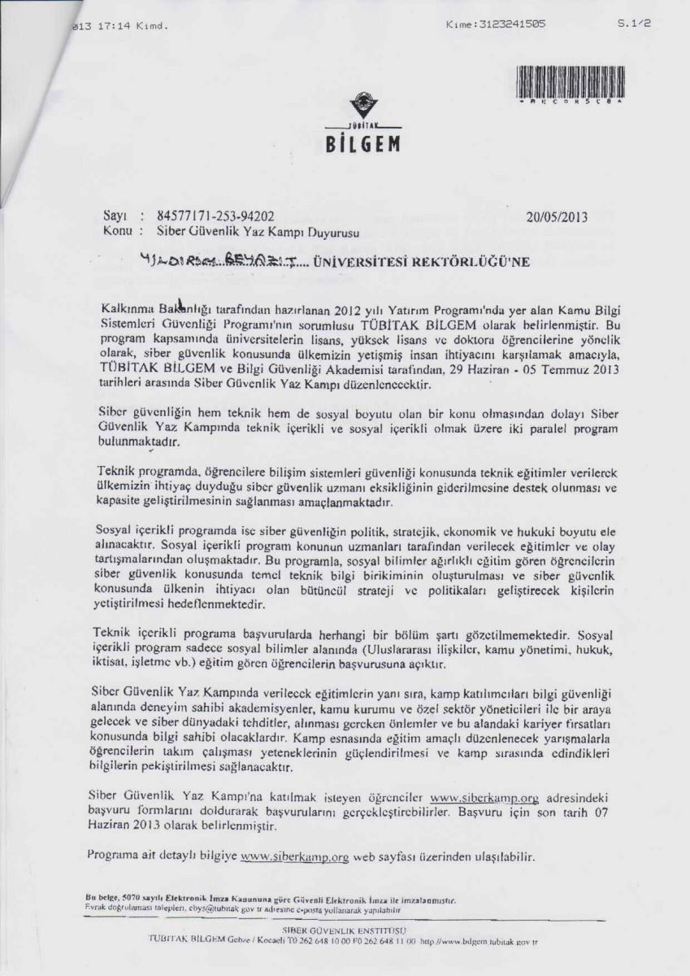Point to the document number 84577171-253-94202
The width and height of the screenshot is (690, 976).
[211, 217]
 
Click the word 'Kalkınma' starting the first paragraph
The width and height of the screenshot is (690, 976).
[126, 309]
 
